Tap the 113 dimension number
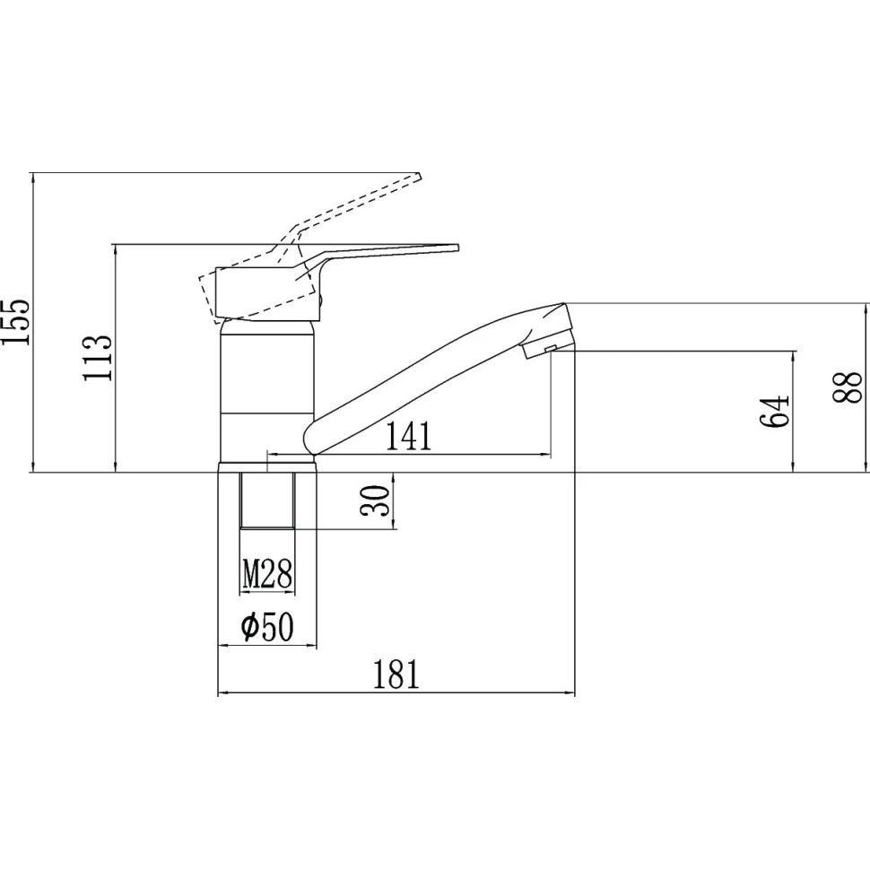pos(98,357)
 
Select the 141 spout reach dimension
pos(408,436)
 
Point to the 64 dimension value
pos(773,411)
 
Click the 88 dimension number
pos(847,387)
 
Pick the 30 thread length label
pos(375,500)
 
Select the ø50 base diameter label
pos(267,627)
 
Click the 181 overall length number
pos(396,674)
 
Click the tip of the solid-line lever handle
pos(457,247)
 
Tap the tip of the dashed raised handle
pos(420,177)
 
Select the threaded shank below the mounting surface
pos(267,500)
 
